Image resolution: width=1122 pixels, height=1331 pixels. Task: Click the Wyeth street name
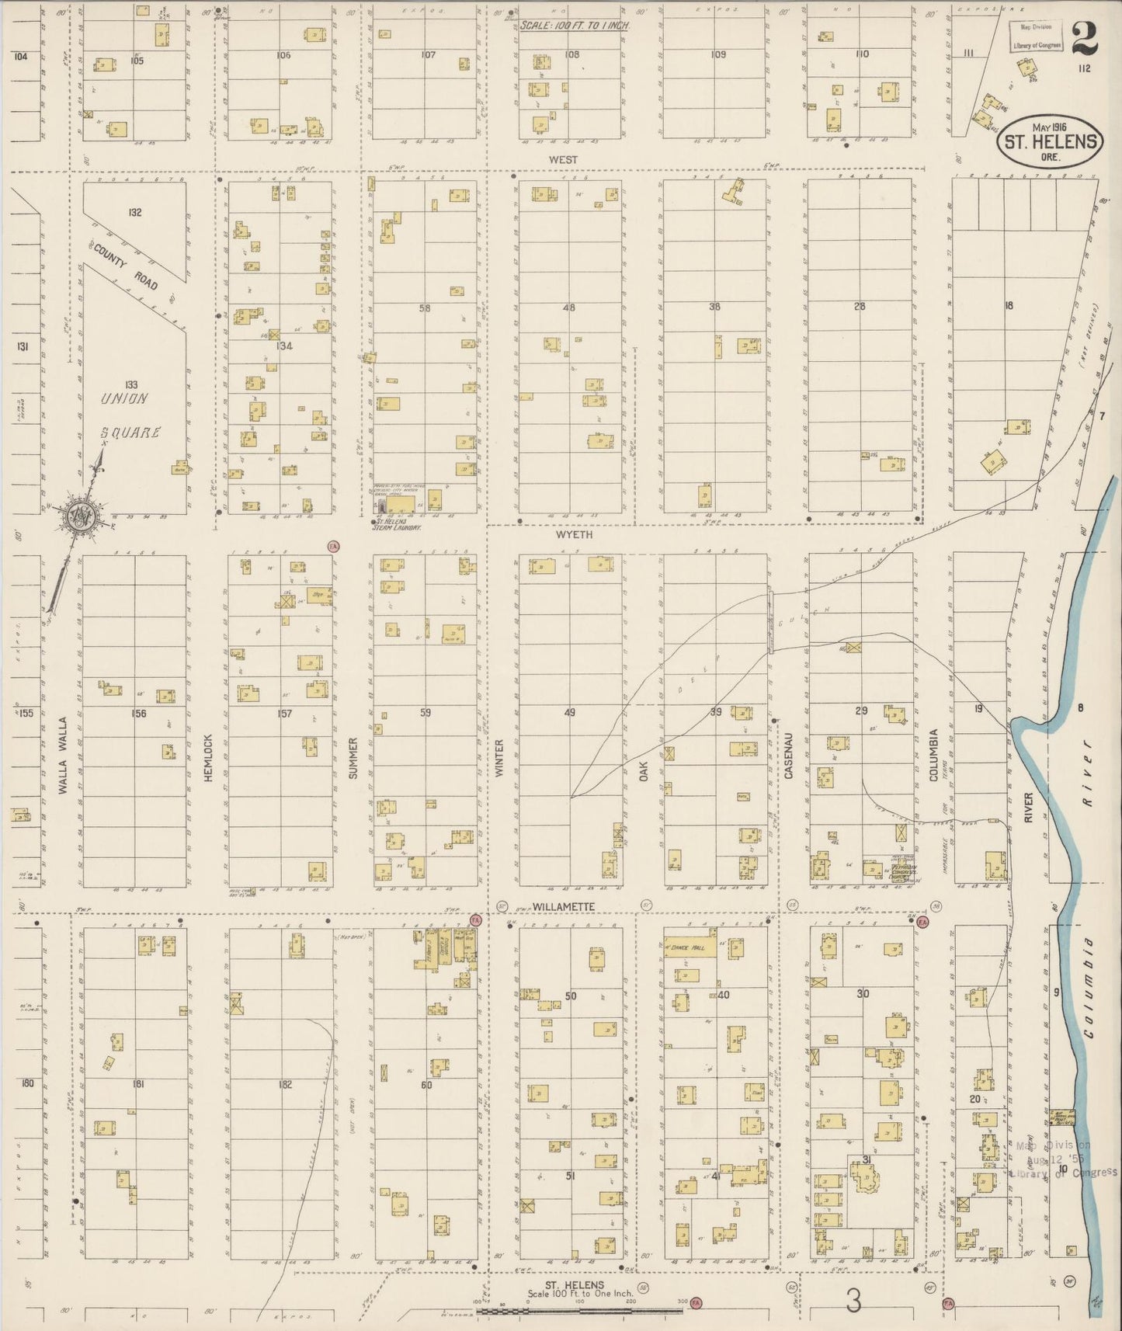(574, 535)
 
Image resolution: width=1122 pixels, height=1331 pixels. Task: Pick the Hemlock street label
(208, 757)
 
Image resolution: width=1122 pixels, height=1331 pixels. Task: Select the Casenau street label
(788, 756)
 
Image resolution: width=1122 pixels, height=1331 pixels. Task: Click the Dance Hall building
(690, 949)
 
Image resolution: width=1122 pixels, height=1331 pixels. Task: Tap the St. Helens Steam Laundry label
(395, 526)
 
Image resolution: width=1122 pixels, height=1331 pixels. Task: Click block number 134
(284, 346)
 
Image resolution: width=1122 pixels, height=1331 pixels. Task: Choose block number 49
(570, 712)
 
